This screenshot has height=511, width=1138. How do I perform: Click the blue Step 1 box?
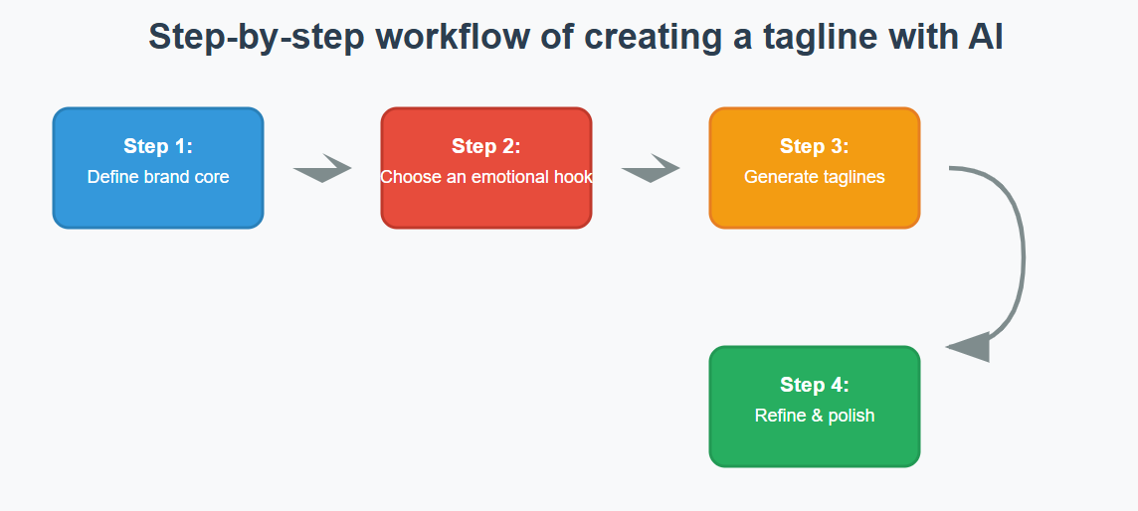158,168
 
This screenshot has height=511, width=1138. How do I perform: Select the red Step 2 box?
486,168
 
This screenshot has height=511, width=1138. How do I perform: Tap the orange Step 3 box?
815,168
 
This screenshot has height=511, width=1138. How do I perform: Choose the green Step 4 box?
815,407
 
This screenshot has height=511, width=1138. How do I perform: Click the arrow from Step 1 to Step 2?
322,168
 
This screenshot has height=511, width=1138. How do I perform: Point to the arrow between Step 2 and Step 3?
651,168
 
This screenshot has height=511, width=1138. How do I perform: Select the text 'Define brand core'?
158,177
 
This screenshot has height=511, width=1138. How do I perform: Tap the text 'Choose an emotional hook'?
486,177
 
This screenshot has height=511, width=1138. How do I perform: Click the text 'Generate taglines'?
815,177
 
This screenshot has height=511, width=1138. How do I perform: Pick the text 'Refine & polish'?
815,416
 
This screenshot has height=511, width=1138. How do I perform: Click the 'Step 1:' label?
158,146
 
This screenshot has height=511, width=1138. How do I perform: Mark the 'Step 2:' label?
486,146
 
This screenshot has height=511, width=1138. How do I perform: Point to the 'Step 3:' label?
815,146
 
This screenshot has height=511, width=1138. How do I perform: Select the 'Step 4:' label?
815,384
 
